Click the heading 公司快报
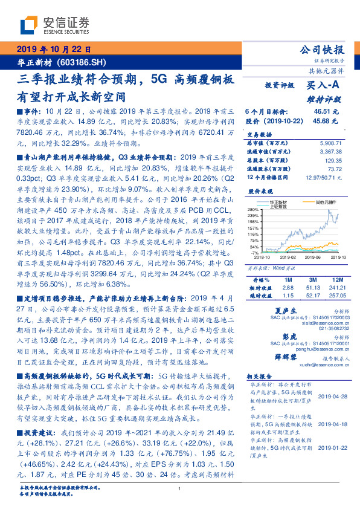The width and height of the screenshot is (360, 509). coord(322,50)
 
